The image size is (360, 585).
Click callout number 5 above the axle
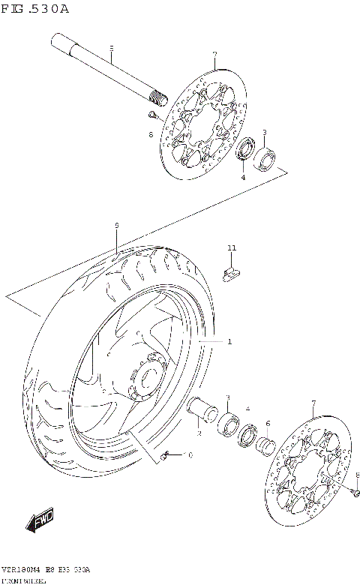coord(111,49)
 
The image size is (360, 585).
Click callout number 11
coord(232,247)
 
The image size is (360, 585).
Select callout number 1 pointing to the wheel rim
coord(229,342)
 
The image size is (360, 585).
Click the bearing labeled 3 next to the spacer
coord(229,422)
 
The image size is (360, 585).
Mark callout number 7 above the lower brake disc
coord(313,403)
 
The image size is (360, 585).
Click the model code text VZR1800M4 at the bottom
coord(24,570)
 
